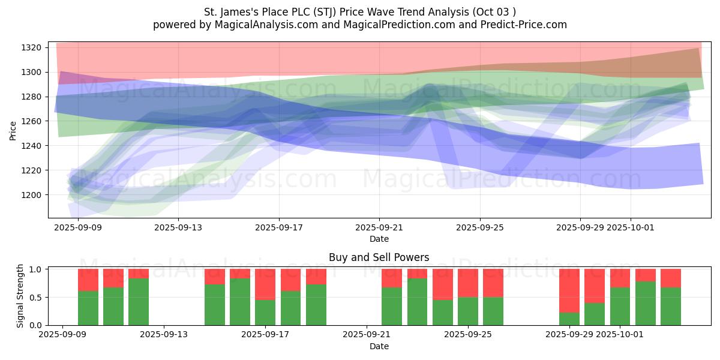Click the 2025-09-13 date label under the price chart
(178, 228)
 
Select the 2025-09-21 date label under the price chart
(379, 228)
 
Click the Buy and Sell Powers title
(379, 257)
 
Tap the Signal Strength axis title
(20, 295)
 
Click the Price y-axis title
(13, 131)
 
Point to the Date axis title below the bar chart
(379, 346)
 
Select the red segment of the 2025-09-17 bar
(265, 284)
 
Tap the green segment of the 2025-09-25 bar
(468, 311)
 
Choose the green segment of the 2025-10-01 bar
(620, 306)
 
